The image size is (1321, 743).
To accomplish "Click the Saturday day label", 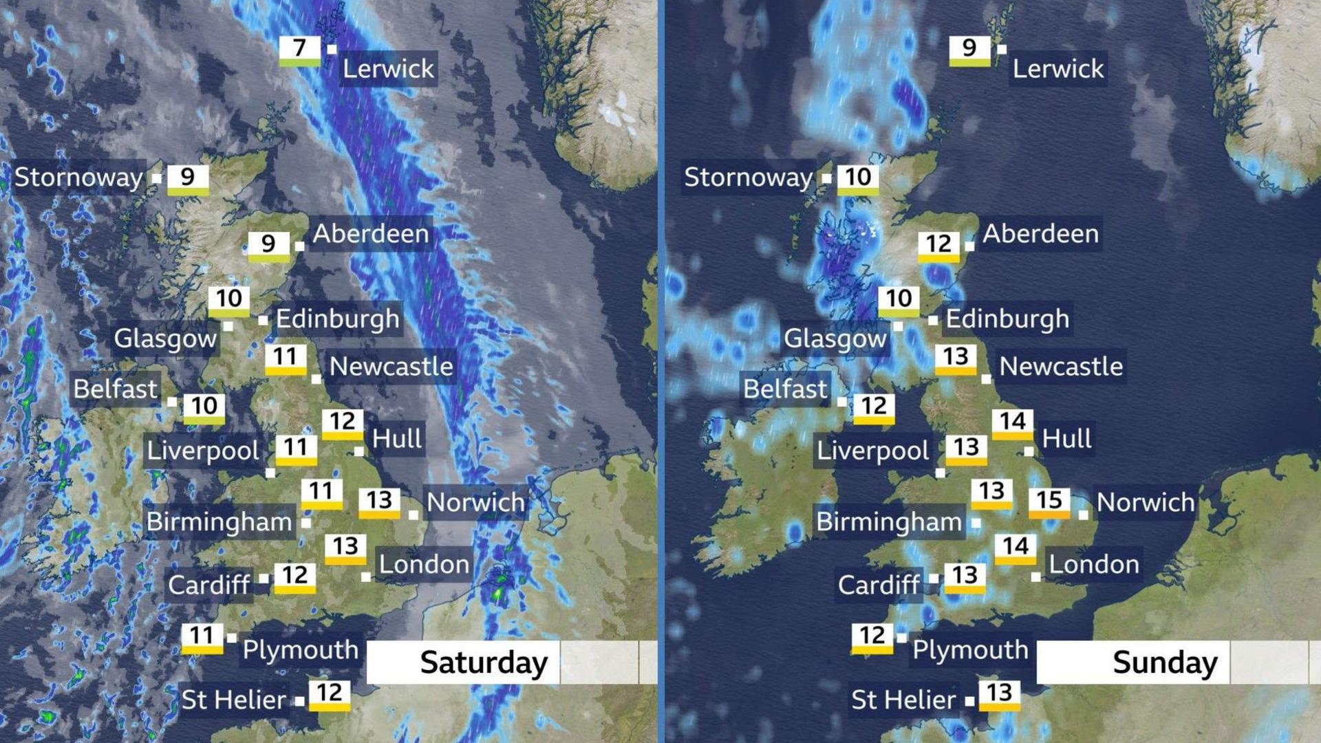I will tap(484, 663).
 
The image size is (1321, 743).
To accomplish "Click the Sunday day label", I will tap(1165, 663).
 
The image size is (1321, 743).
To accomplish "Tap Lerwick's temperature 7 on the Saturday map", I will tap(299, 48).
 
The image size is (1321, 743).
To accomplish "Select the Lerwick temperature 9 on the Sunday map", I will tap(969, 48).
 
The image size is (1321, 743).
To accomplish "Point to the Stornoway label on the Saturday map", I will tap(78, 177).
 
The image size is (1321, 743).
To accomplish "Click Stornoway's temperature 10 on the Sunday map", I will tap(858, 177).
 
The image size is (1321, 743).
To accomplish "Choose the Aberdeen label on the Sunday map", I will tap(1040, 234).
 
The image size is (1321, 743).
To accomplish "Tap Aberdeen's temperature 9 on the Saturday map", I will tap(268, 244).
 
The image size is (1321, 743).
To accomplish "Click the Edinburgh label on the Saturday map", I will tap(337, 319).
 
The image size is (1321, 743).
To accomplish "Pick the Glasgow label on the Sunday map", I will tap(835, 338).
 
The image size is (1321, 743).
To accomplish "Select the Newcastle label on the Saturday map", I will tap(391, 367).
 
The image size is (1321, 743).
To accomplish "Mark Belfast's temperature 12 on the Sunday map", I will tap(874, 406).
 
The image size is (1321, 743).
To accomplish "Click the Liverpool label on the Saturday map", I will tap(203, 451).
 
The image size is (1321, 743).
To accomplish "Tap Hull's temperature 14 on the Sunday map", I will tap(1012, 421).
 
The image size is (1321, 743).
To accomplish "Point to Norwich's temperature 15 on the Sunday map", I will tap(1049, 500).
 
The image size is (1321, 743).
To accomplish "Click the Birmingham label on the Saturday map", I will tap(219, 521).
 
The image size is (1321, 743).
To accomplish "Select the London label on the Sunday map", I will tap(1093, 565).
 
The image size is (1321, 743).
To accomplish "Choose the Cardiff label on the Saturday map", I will tap(209, 585).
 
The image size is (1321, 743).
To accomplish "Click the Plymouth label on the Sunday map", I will tap(970, 649).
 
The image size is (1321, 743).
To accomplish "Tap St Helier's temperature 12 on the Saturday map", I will tap(330, 693).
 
